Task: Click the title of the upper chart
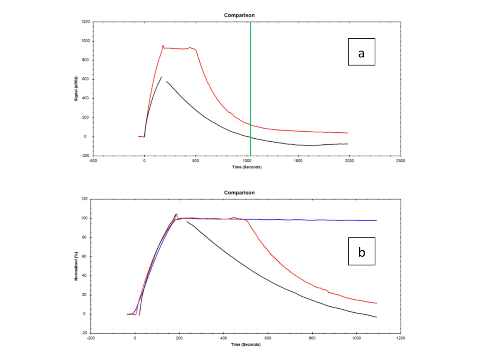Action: point(239,15)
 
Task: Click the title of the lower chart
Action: point(239,193)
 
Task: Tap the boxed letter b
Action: point(361,252)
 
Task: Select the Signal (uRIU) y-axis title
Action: point(76,89)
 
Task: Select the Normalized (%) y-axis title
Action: point(76,266)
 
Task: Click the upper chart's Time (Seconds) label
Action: point(247,167)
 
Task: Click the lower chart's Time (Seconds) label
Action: point(246,345)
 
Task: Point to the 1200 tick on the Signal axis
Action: point(85,22)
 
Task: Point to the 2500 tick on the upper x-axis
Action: point(400,161)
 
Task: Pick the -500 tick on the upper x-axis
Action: point(93,161)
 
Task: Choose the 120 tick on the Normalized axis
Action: point(84,199)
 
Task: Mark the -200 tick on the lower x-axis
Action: point(91,338)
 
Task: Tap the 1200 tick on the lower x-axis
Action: point(400,338)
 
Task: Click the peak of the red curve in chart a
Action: point(163,46)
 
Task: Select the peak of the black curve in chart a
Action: point(161,77)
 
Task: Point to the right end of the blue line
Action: point(376,220)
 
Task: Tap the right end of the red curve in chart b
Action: point(376,303)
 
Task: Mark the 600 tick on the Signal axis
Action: point(85,79)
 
